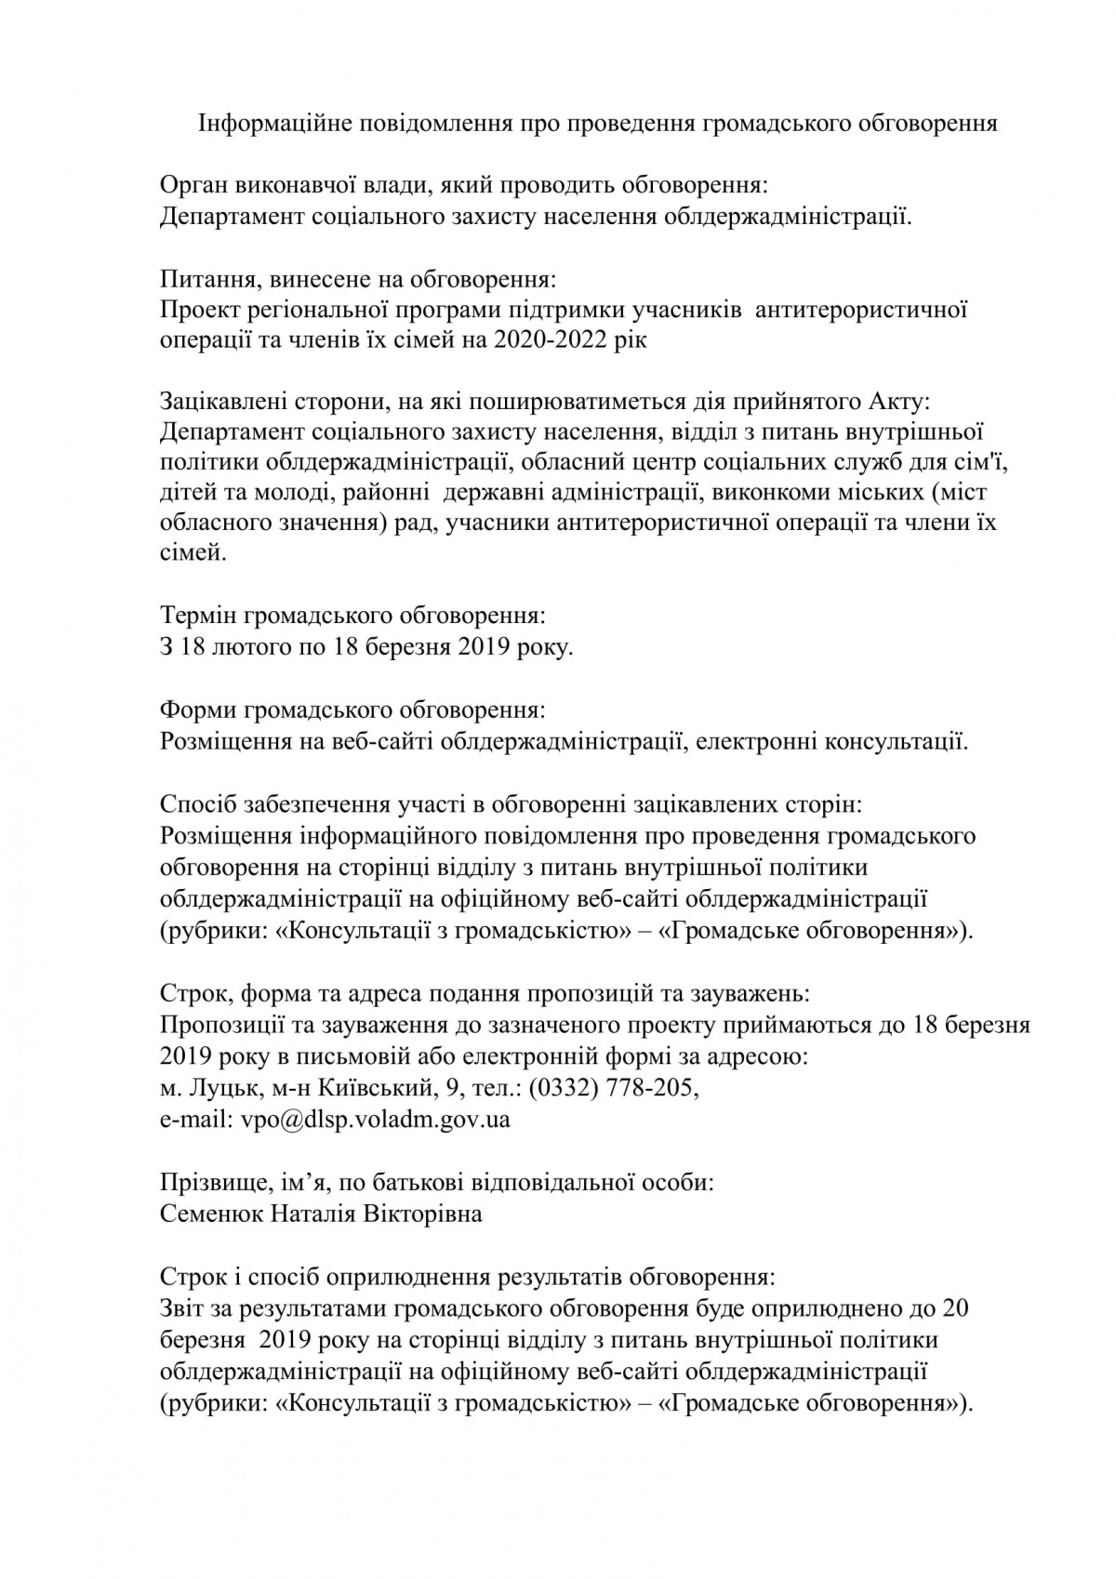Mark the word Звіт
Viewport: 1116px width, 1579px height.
click(185, 1308)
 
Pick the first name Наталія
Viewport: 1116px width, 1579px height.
click(317, 1214)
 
